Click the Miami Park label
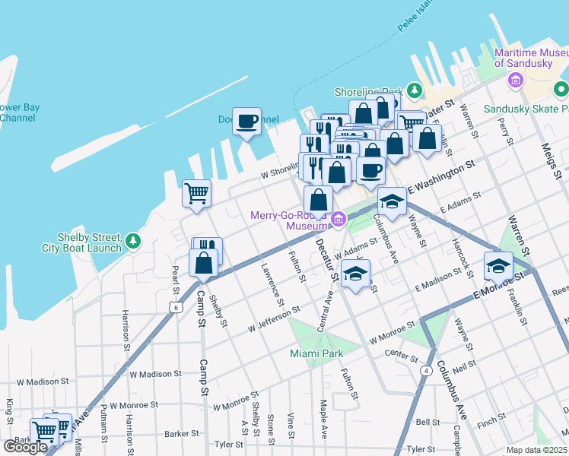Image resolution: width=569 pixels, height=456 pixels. point(316,353)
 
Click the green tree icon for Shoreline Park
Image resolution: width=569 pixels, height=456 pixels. point(414,90)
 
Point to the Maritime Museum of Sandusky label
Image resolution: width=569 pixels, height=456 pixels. point(531,58)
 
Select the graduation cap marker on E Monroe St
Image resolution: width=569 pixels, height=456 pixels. point(498,265)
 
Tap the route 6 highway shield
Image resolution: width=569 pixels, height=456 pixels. point(176,307)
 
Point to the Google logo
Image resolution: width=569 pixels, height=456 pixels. point(25,447)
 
